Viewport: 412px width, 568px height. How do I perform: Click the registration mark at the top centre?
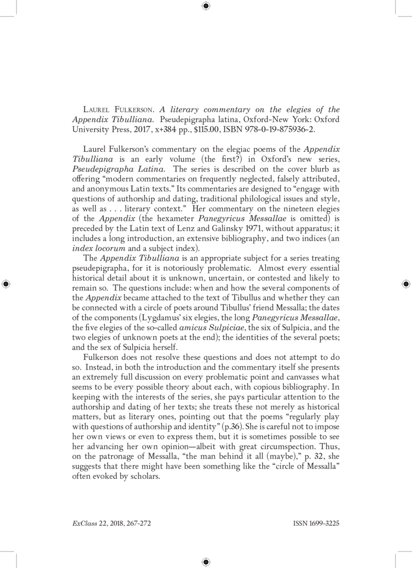[206, 6]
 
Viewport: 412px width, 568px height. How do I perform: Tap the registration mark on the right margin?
[406, 283]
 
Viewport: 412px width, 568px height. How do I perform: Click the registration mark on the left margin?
[6, 283]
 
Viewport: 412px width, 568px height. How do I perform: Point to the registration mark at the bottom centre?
[206, 562]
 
